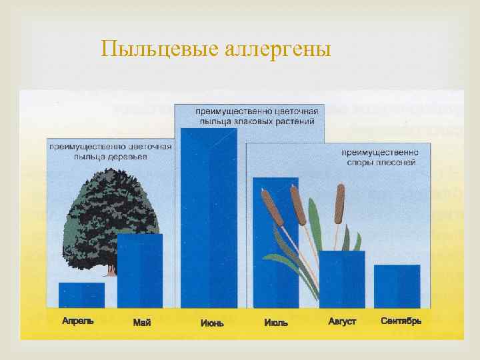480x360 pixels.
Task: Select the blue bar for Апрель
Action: point(81,295)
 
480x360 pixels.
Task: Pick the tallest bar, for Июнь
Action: point(209,217)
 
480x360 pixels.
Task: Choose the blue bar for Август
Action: point(342,279)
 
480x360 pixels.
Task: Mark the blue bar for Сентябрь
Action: point(397,286)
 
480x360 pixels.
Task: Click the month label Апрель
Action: point(78,320)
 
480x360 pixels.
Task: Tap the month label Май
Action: point(142,323)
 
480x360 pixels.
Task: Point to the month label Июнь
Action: point(212,323)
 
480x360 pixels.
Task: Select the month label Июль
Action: point(276,323)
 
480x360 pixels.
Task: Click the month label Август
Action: point(342,321)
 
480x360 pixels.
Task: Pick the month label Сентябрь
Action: point(401,321)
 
